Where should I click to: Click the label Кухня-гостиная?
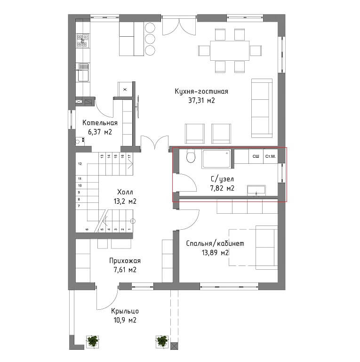click(x=201, y=91)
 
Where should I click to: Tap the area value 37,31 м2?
click(x=201, y=100)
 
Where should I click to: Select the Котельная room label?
click(x=100, y=122)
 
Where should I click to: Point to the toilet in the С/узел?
click(x=191, y=156)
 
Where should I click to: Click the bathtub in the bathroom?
click(x=216, y=159)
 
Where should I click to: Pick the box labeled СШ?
click(x=256, y=156)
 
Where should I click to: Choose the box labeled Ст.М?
click(x=271, y=156)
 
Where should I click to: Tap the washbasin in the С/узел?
click(x=256, y=191)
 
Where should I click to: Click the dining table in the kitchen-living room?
click(x=230, y=50)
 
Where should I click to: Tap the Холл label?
click(x=125, y=192)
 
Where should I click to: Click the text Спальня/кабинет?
click(x=215, y=243)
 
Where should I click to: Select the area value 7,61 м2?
click(x=125, y=270)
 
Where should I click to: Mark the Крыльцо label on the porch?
click(x=125, y=311)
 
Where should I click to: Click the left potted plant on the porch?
click(x=92, y=341)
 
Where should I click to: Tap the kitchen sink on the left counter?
click(x=83, y=72)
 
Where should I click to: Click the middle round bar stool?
click(x=150, y=39)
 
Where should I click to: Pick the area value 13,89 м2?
click(x=215, y=253)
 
